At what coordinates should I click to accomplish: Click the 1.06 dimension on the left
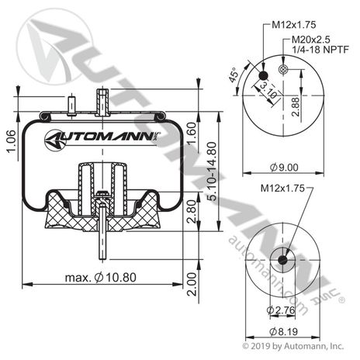9,140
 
